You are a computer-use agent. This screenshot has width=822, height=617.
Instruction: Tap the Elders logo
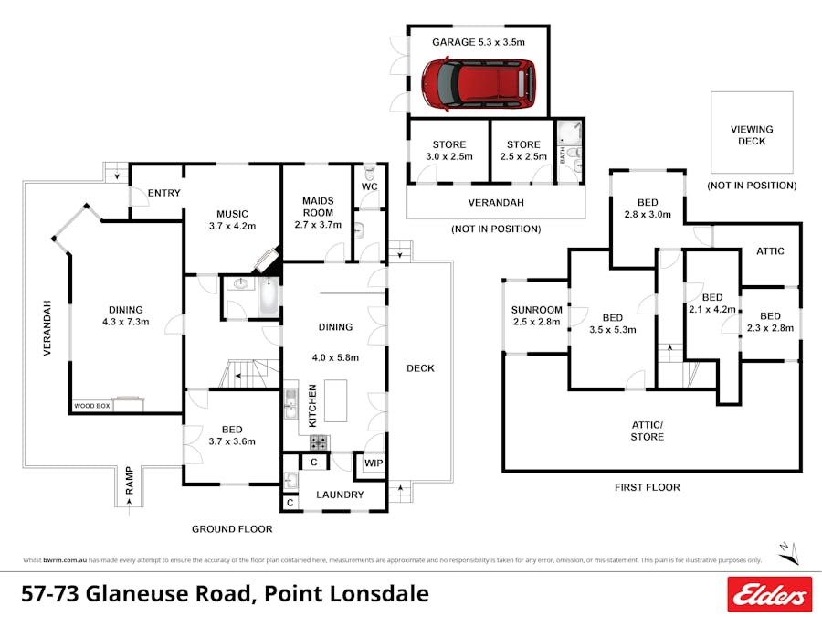[x=769, y=594]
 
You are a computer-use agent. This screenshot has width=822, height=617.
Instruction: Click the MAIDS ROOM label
[x=317, y=207]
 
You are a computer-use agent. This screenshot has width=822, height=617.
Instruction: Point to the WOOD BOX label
[x=92, y=405]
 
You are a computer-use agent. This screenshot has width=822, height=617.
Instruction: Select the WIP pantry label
[x=374, y=463]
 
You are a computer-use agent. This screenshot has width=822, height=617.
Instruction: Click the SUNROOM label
[x=537, y=311]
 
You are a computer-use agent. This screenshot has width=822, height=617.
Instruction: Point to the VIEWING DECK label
[x=752, y=135]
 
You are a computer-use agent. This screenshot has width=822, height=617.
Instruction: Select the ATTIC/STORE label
[x=648, y=431]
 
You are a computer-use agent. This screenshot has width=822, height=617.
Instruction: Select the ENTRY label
[x=163, y=193]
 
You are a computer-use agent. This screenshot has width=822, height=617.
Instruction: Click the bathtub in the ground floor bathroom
[x=269, y=297]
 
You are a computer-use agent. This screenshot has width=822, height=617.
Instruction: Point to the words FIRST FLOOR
[x=647, y=487]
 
